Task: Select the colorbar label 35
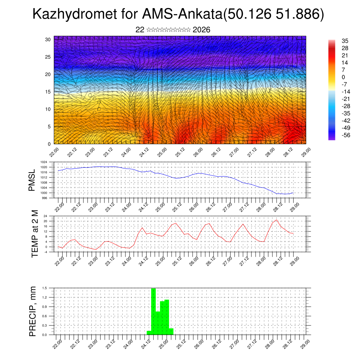tap(345, 41)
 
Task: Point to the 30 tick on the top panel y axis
tap(48, 39)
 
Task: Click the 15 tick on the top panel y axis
tap(48, 92)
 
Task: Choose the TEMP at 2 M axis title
tap(34, 234)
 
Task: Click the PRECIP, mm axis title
tap(33, 311)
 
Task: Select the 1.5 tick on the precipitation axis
tap(45, 288)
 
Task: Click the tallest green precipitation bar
tap(153, 311)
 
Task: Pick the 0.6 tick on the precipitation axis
tap(45, 316)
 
